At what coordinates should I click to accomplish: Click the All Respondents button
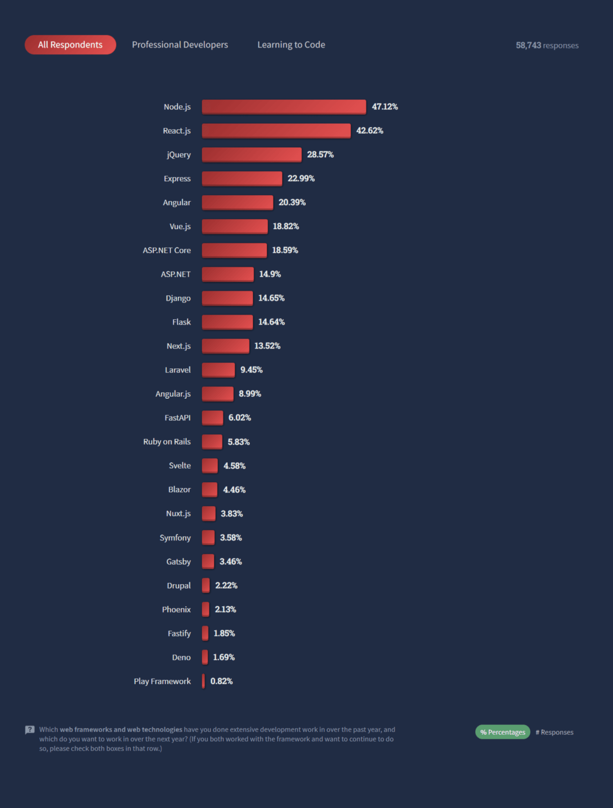pos(70,45)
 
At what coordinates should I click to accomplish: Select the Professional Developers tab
pos(180,45)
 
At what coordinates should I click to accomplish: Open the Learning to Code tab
pos(291,45)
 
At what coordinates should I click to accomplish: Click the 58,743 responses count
pos(547,45)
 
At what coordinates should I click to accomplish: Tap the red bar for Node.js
pos(284,107)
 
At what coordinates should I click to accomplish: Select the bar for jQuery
pos(252,154)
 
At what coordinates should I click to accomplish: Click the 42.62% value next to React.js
pos(370,131)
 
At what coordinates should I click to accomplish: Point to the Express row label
pos(177,179)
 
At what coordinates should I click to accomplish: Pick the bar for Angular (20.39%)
pos(237,203)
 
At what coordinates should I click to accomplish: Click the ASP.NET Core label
pos(166,250)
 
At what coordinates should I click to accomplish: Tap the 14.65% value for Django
pos(271,298)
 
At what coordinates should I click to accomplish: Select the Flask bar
pos(227,322)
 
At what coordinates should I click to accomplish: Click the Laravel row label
pos(177,370)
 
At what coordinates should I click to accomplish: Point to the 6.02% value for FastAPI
pos(239,418)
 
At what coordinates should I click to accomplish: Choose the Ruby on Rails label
pos(166,442)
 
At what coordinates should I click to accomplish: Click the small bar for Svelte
pos(210,465)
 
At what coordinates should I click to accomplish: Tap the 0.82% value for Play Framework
pos(221,681)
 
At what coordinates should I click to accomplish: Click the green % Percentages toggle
pos(503,732)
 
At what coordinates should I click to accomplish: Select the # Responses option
pos(554,732)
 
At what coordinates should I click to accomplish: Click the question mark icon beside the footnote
pos(30,730)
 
